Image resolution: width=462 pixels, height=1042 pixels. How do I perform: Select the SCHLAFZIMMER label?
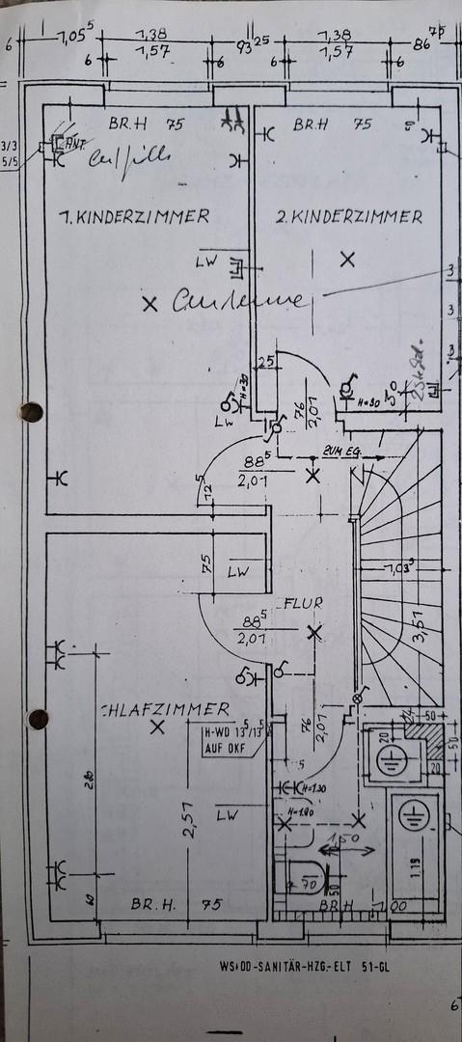click(x=166, y=709)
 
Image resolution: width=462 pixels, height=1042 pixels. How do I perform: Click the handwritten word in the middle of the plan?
click(x=241, y=301)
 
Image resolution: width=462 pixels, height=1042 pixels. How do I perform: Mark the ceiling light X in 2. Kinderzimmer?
click(x=347, y=259)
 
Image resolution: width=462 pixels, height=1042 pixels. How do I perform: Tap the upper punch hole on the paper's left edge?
click(x=32, y=412)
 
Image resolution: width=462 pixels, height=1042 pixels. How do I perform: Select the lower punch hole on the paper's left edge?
click(x=38, y=719)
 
